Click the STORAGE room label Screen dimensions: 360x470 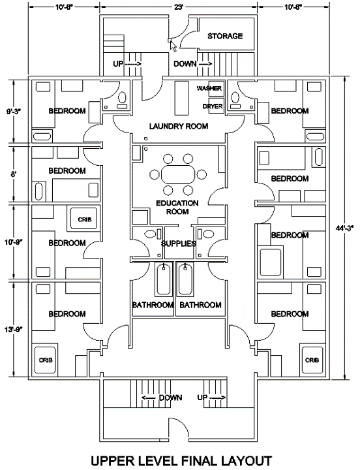pos(225,36)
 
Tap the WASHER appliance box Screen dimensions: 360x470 pos(217,88)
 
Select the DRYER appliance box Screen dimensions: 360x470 pos(217,106)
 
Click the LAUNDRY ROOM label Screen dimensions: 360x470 pos(179,126)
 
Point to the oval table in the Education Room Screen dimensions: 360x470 pos(177,174)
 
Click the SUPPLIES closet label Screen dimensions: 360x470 pos(179,243)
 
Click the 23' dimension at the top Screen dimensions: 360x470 pos(179,7)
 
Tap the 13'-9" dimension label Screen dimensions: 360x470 pos(14,330)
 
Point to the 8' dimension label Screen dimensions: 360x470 pos(14,174)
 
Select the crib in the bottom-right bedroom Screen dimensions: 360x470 pos(312,360)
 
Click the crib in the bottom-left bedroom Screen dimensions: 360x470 pos(45,360)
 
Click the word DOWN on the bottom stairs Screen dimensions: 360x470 pos(170,398)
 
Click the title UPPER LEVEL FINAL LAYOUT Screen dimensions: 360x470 pos(181,460)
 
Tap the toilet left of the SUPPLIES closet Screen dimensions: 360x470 pos(149,234)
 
